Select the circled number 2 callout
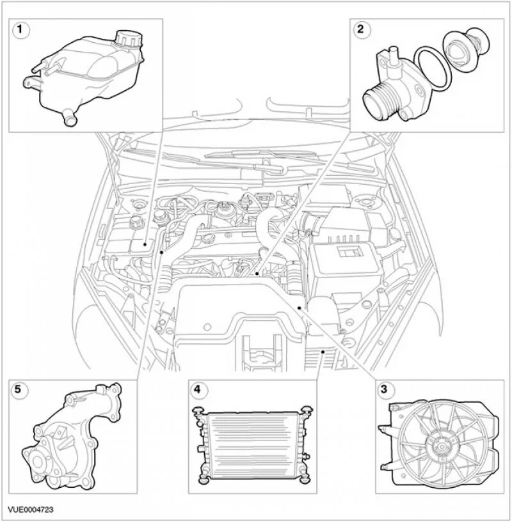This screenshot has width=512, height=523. click(361, 29)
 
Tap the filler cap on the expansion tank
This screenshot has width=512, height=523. click(126, 39)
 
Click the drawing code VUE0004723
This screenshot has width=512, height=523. click(31, 510)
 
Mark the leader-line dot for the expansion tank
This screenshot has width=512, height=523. click(145, 244)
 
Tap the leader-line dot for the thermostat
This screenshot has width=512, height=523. click(256, 274)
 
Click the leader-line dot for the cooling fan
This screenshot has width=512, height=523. click(299, 308)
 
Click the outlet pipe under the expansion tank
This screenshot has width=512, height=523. click(67, 116)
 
